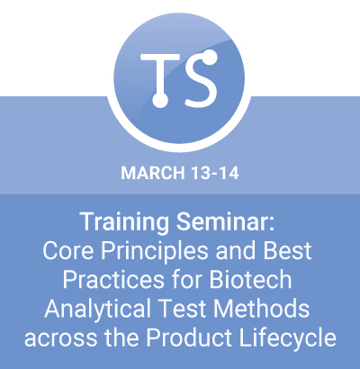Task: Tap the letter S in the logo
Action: click(x=201, y=78)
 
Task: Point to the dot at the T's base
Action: click(x=160, y=100)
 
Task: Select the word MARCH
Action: click(x=153, y=173)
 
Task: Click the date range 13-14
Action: click(x=214, y=173)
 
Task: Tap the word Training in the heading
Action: click(x=124, y=222)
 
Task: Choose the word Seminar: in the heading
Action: click(x=225, y=221)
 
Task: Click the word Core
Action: click(x=68, y=250)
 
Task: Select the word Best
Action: click(x=287, y=250)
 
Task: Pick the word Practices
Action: click(x=113, y=280)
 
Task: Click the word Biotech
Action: click(x=250, y=279)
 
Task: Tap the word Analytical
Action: click(x=98, y=310)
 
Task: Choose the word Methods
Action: click(x=262, y=309)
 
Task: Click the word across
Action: click(x=61, y=339)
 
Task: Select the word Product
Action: click(x=189, y=337)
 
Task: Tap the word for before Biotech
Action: click(x=186, y=279)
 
